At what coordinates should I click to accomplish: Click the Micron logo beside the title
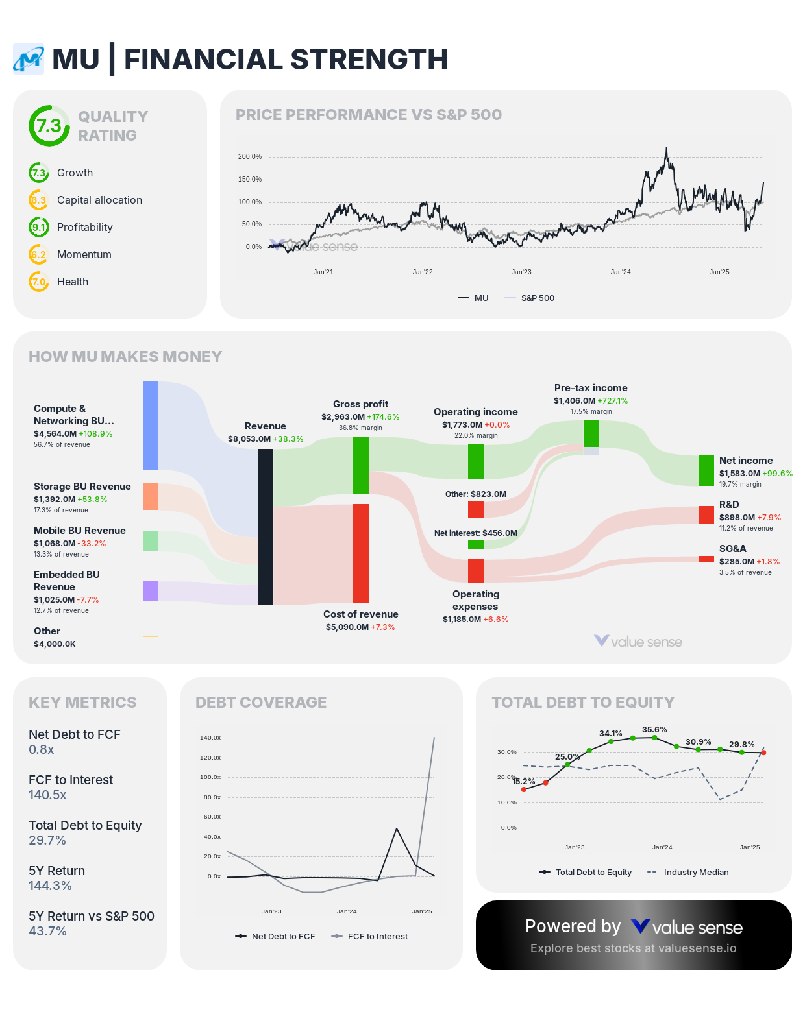coord(29,60)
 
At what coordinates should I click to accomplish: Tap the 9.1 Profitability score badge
coord(39,227)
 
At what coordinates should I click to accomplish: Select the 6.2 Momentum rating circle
coord(39,254)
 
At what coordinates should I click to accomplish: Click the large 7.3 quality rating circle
coord(49,126)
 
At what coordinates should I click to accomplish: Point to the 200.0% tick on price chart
coord(249,157)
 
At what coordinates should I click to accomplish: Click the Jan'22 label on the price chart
coord(423,272)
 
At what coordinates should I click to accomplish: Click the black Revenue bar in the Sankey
coord(266,526)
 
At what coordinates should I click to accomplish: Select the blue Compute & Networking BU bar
coord(151,426)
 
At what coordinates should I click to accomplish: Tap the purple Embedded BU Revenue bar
coord(151,591)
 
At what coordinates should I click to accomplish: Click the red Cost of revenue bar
coord(361,553)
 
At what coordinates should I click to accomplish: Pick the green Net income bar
coord(706,470)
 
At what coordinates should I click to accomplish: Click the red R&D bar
coord(706,514)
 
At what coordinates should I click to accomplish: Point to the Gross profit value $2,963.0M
coord(343,417)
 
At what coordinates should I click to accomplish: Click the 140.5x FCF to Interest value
coord(47,795)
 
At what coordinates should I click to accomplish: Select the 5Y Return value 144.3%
coord(50,885)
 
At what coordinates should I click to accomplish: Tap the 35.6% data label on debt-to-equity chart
coord(654,730)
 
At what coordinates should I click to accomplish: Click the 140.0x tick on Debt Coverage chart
coord(210,738)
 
